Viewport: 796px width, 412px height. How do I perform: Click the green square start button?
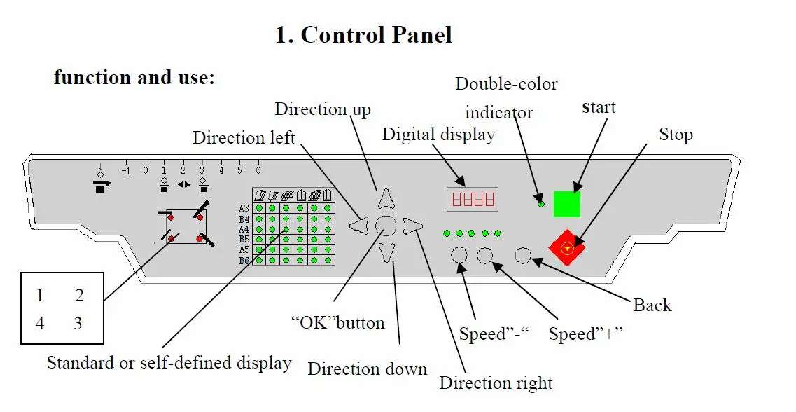(566, 204)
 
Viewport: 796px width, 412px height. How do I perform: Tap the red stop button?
(567, 246)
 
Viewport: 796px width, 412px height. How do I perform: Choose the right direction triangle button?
(413, 225)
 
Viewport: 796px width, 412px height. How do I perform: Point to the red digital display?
(473, 200)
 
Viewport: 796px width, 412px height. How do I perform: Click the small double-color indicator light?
(540, 204)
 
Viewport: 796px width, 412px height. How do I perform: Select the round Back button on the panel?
(523, 256)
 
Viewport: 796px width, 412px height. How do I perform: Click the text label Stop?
(676, 135)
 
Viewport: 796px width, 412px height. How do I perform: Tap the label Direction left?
(244, 138)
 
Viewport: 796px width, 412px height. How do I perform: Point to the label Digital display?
(438, 134)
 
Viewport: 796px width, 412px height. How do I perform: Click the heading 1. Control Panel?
(363, 35)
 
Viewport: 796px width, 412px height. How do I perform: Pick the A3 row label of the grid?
(244, 209)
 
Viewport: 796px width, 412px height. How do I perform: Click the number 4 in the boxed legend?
(40, 324)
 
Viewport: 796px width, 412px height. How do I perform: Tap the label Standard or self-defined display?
(169, 363)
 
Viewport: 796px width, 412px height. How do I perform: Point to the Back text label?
(652, 305)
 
